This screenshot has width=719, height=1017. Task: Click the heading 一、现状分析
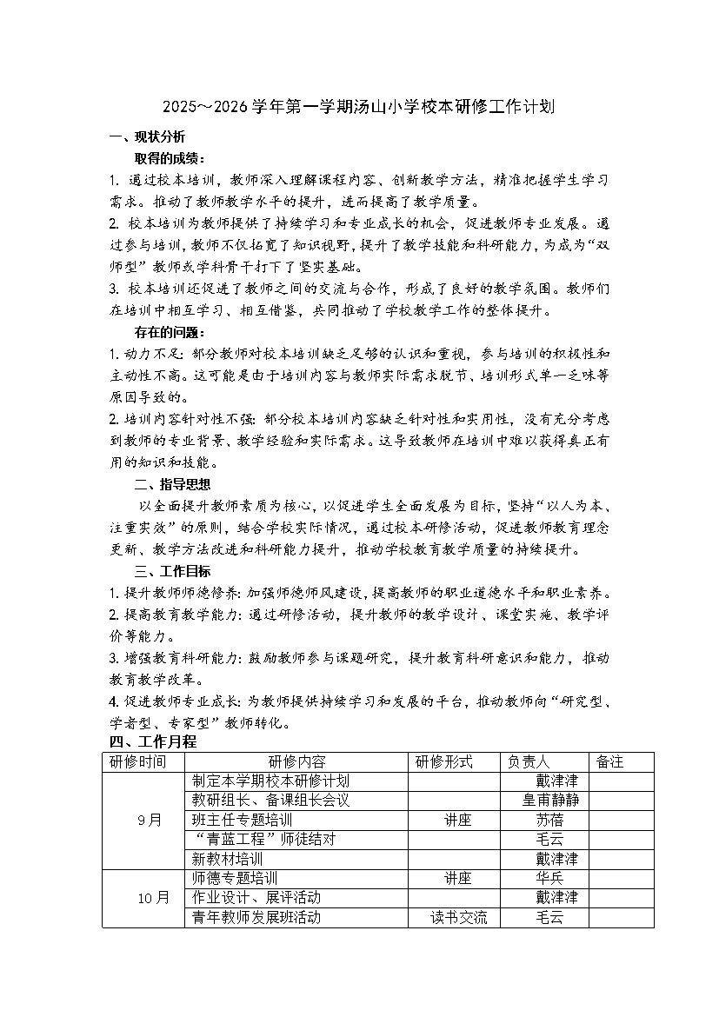[x=146, y=136]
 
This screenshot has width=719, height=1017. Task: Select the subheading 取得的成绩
[x=170, y=158]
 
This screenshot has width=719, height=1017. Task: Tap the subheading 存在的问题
[x=170, y=332]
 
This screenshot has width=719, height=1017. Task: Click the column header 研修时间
[x=137, y=761]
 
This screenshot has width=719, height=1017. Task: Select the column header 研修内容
[x=296, y=761]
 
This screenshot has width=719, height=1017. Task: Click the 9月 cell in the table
[x=150, y=820]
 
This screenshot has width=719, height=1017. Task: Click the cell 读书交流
[x=458, y=917]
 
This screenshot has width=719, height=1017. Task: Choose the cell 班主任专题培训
[x=242, y=820]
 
